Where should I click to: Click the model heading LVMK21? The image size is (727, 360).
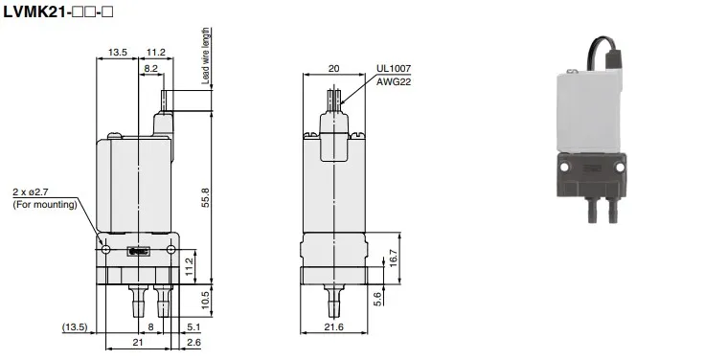tap(34, 12)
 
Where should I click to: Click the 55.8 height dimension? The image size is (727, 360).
tap(205, 197)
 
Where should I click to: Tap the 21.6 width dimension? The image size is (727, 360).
tap(334, 327)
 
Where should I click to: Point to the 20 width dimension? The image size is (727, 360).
tap(334, 69)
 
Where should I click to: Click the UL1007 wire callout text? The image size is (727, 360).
tap(393, 69)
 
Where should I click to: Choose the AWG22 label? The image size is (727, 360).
tap(393, 82)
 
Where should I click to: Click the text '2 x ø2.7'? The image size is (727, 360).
tap(30, 191)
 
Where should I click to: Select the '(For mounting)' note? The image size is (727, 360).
tap(44, 204)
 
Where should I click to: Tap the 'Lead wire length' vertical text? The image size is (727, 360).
tap(205, 56)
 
